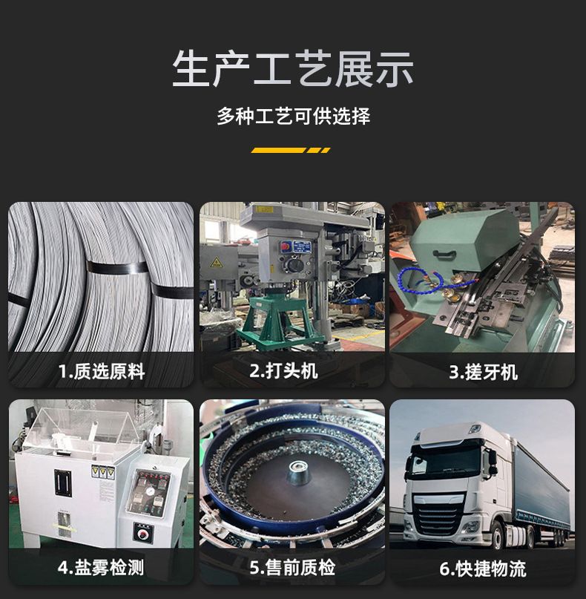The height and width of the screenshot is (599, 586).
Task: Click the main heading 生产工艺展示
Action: [293, 69]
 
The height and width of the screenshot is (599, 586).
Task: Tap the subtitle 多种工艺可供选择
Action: [294, 116]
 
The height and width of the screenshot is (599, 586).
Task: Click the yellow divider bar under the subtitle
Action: [291, 151]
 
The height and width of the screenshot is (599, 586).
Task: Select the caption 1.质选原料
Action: [102, 371]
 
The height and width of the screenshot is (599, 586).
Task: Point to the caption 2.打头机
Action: [283, 370]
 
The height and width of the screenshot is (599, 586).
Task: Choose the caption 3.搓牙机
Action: [483, 372]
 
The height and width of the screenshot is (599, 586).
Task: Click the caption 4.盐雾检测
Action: [101, 567]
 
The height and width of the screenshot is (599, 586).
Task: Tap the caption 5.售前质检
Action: [292, 567]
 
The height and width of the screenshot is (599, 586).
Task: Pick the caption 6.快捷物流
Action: [483, 569]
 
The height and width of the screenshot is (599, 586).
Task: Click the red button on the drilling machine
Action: [285, 246]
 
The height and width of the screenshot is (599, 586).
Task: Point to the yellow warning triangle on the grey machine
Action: [217, 262]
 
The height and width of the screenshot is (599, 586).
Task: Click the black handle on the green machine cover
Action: [444, 254]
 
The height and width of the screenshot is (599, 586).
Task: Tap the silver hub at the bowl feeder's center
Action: [297, 468]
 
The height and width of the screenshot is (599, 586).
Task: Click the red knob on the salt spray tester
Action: [144, 533]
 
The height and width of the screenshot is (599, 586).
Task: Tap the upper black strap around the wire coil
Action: [116, 267]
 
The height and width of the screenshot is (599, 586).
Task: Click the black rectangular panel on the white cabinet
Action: [63, 483]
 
